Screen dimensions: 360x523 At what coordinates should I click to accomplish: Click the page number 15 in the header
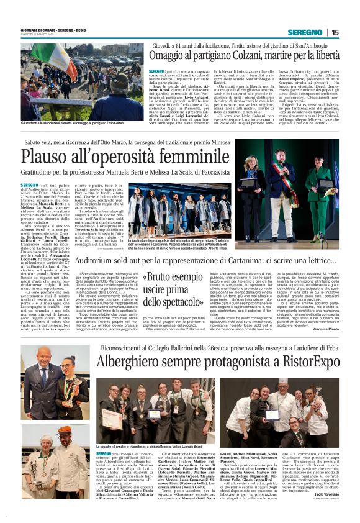click(335, 33)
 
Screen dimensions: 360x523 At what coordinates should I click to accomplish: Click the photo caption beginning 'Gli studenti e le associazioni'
click(74, 123)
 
